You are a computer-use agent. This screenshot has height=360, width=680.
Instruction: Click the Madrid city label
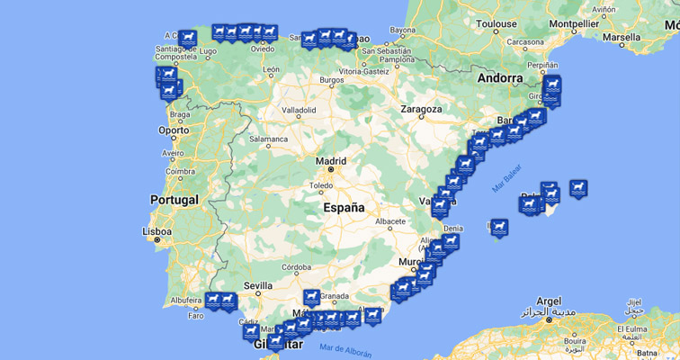coord(330,161)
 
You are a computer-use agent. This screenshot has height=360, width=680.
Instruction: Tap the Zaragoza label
coord(421,109)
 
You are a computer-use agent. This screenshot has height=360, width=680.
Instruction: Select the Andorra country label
coord(499,77)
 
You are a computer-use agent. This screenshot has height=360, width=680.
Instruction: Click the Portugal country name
coord(174,200)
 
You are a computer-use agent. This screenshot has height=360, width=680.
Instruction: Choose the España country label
coord(344,208)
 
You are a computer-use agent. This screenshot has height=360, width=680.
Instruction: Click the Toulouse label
coord(497,22)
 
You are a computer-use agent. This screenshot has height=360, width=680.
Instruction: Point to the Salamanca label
coord(268,139)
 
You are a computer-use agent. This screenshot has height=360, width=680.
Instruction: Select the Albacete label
coord(390,220)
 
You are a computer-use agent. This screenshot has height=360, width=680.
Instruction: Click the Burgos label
coord(331,80)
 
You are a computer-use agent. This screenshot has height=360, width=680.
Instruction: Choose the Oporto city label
coord(174,130)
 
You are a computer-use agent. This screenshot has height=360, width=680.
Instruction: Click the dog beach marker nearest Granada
coord(310,296)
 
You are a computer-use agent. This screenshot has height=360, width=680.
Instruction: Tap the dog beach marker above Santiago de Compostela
coord(187,38)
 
